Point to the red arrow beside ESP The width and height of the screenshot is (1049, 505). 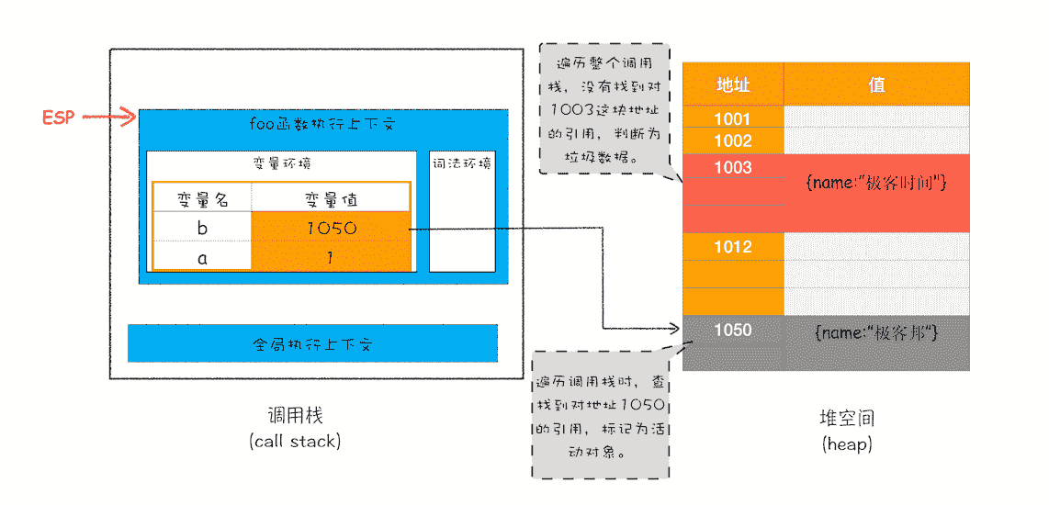click(x=109, y=118)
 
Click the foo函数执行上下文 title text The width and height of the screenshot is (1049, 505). click(x=321, y=124)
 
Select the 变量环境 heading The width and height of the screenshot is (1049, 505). click(x=282, y=163)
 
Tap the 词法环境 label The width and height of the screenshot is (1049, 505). click(x=462, y=163)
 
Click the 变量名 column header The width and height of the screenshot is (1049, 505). click(x=202, y=198)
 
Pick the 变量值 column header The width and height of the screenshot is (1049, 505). click(x=331, y=198)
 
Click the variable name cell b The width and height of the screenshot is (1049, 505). click(x=202, y=228)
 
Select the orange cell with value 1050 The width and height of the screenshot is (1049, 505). click(x=331, y=228)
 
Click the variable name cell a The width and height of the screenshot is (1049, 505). click(x=202, y=258)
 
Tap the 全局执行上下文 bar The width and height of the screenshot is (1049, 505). click(x=312, y=344)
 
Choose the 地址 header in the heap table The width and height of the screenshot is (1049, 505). click(x=733, y=85)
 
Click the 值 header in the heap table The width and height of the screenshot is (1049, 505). click(x=876, y=85)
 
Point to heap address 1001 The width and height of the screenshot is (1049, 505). click(x=733, y=118)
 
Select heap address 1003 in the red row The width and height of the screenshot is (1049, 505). click(x=733, y=168)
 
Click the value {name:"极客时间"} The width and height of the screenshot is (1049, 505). click(x=876, y=183)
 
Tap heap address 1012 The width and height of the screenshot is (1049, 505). click(x=733, y=246)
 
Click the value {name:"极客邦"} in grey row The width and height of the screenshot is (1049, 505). click(x=876, y=331)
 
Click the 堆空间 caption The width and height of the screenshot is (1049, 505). click(x=847, y=419)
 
